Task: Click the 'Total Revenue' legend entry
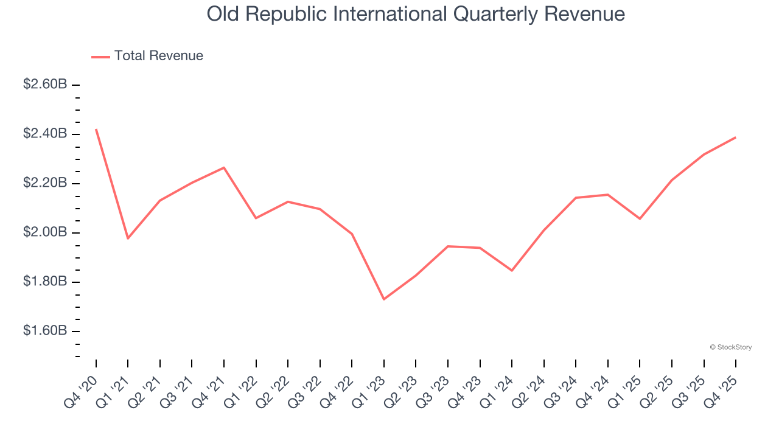coord(158,56)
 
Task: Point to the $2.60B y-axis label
coord(45,85)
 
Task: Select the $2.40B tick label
coord(45,134)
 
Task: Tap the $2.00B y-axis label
coord(45,233)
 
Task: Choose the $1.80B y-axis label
coord(45,282)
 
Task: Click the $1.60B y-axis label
coord(45,332)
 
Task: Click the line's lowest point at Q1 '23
coord(384,299)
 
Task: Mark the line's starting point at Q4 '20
coord(96,130)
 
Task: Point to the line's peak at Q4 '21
coord(224,167)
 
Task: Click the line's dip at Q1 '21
coord(128,238)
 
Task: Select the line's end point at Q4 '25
coord(736,137)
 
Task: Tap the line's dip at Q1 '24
coord(512,271)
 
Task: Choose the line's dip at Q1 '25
coord(640,219)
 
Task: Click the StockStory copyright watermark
coord(730,347)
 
